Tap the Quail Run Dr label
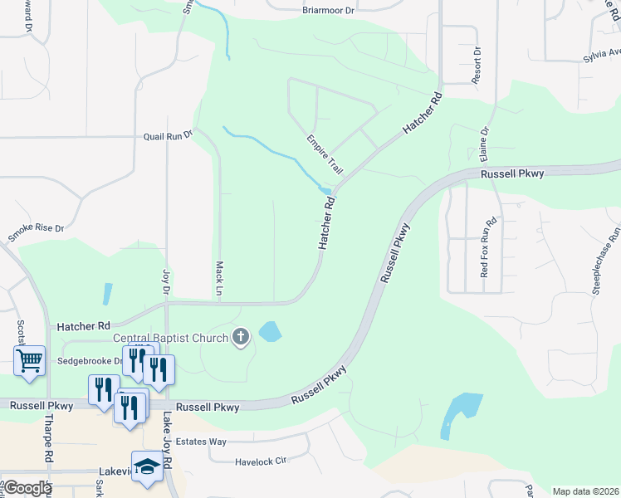[168, 135]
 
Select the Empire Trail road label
[325, 154]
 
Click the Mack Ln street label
[220, 279]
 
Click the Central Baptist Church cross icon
[242, 337]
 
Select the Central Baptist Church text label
[170, 338]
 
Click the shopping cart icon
[29, 361]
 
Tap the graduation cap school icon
[147, 467]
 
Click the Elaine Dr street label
[484, 145]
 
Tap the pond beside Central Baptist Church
[270, 333]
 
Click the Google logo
[27, 488]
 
